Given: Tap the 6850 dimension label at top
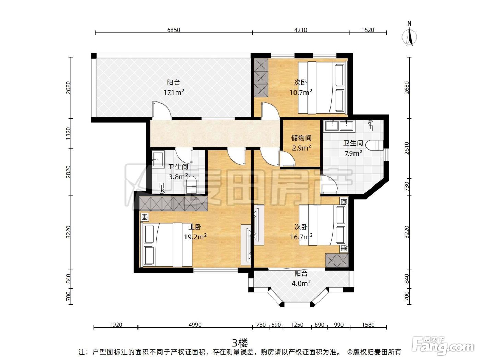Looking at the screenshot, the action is [173, 30].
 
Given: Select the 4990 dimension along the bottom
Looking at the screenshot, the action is [195, 325].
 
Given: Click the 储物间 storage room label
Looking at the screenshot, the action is [301, 138].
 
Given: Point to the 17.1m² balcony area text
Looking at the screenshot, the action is [174, 92].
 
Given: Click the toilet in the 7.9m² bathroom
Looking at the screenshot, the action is [374, 145].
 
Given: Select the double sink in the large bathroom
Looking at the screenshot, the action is [339, 126].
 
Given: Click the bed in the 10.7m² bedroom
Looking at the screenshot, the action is [323, 87].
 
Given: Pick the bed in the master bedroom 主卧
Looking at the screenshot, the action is [166, 244].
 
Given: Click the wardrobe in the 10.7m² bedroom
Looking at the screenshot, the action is [261, 78].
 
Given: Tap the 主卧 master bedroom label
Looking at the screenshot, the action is [195, 227].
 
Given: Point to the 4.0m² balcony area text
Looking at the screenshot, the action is [301, 284].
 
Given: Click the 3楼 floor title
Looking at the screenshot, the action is [240, 343].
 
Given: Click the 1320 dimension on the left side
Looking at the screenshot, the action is [68, 134].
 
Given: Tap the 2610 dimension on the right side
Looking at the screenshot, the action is [407, 148].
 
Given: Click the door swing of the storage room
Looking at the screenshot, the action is [287, 158].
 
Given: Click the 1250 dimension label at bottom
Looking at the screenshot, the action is [297, 325].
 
